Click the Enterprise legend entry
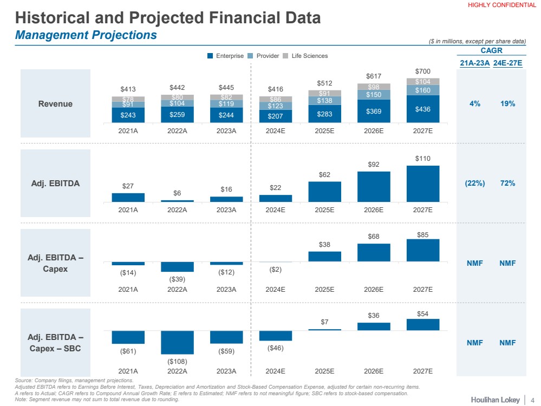(226, 56)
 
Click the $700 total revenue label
(422, 71)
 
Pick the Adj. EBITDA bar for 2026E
(374, 187)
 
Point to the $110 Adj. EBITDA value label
(422, 158)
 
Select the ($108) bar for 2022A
(177, 342)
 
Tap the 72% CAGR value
(509, 183)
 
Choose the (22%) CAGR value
(474, 183)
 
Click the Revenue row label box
(55, 103)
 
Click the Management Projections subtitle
(86, 35)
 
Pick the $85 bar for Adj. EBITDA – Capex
(422, 250)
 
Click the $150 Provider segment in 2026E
(374, 95)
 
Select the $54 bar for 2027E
(422, 324)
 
